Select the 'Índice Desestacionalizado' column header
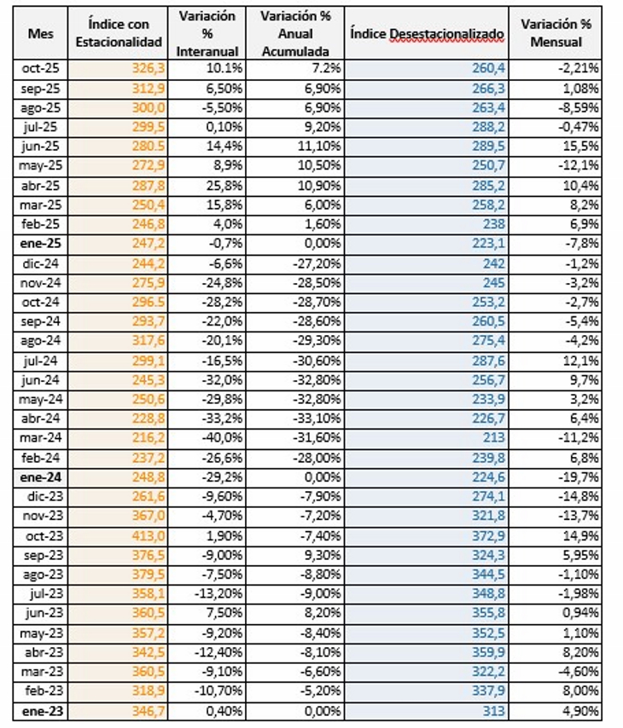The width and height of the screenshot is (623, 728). [x=426, y=33]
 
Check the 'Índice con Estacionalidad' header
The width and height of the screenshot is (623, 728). [x=124, y=33]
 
